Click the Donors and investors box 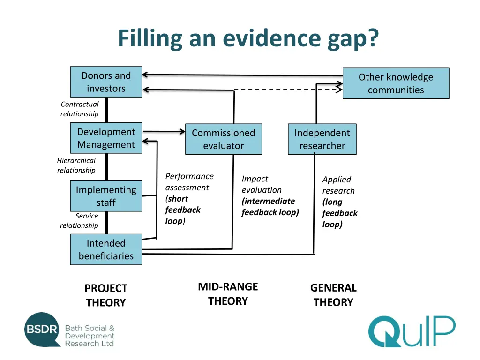click(x=106, y=82)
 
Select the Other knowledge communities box click(x=396, y=83)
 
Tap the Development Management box click(x=106, y=138)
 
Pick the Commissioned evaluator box click(x=223, y=139)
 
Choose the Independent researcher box click(x=322, y=139)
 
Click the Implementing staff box click(x=106, y=196)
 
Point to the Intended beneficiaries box click(x=106, y=249)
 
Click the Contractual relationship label click(x=80, y=109)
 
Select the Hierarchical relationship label click(x=76, y=165)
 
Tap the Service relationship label click(x=79, y=221)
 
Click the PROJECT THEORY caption click(x=106, y=295)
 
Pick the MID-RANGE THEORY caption click(x=228, y=294)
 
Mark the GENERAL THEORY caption click(x=333, y=295)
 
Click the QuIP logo click(x=411, y=331)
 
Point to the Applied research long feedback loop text click(x=339, y=202)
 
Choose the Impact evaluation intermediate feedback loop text click(x=270, y=195)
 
